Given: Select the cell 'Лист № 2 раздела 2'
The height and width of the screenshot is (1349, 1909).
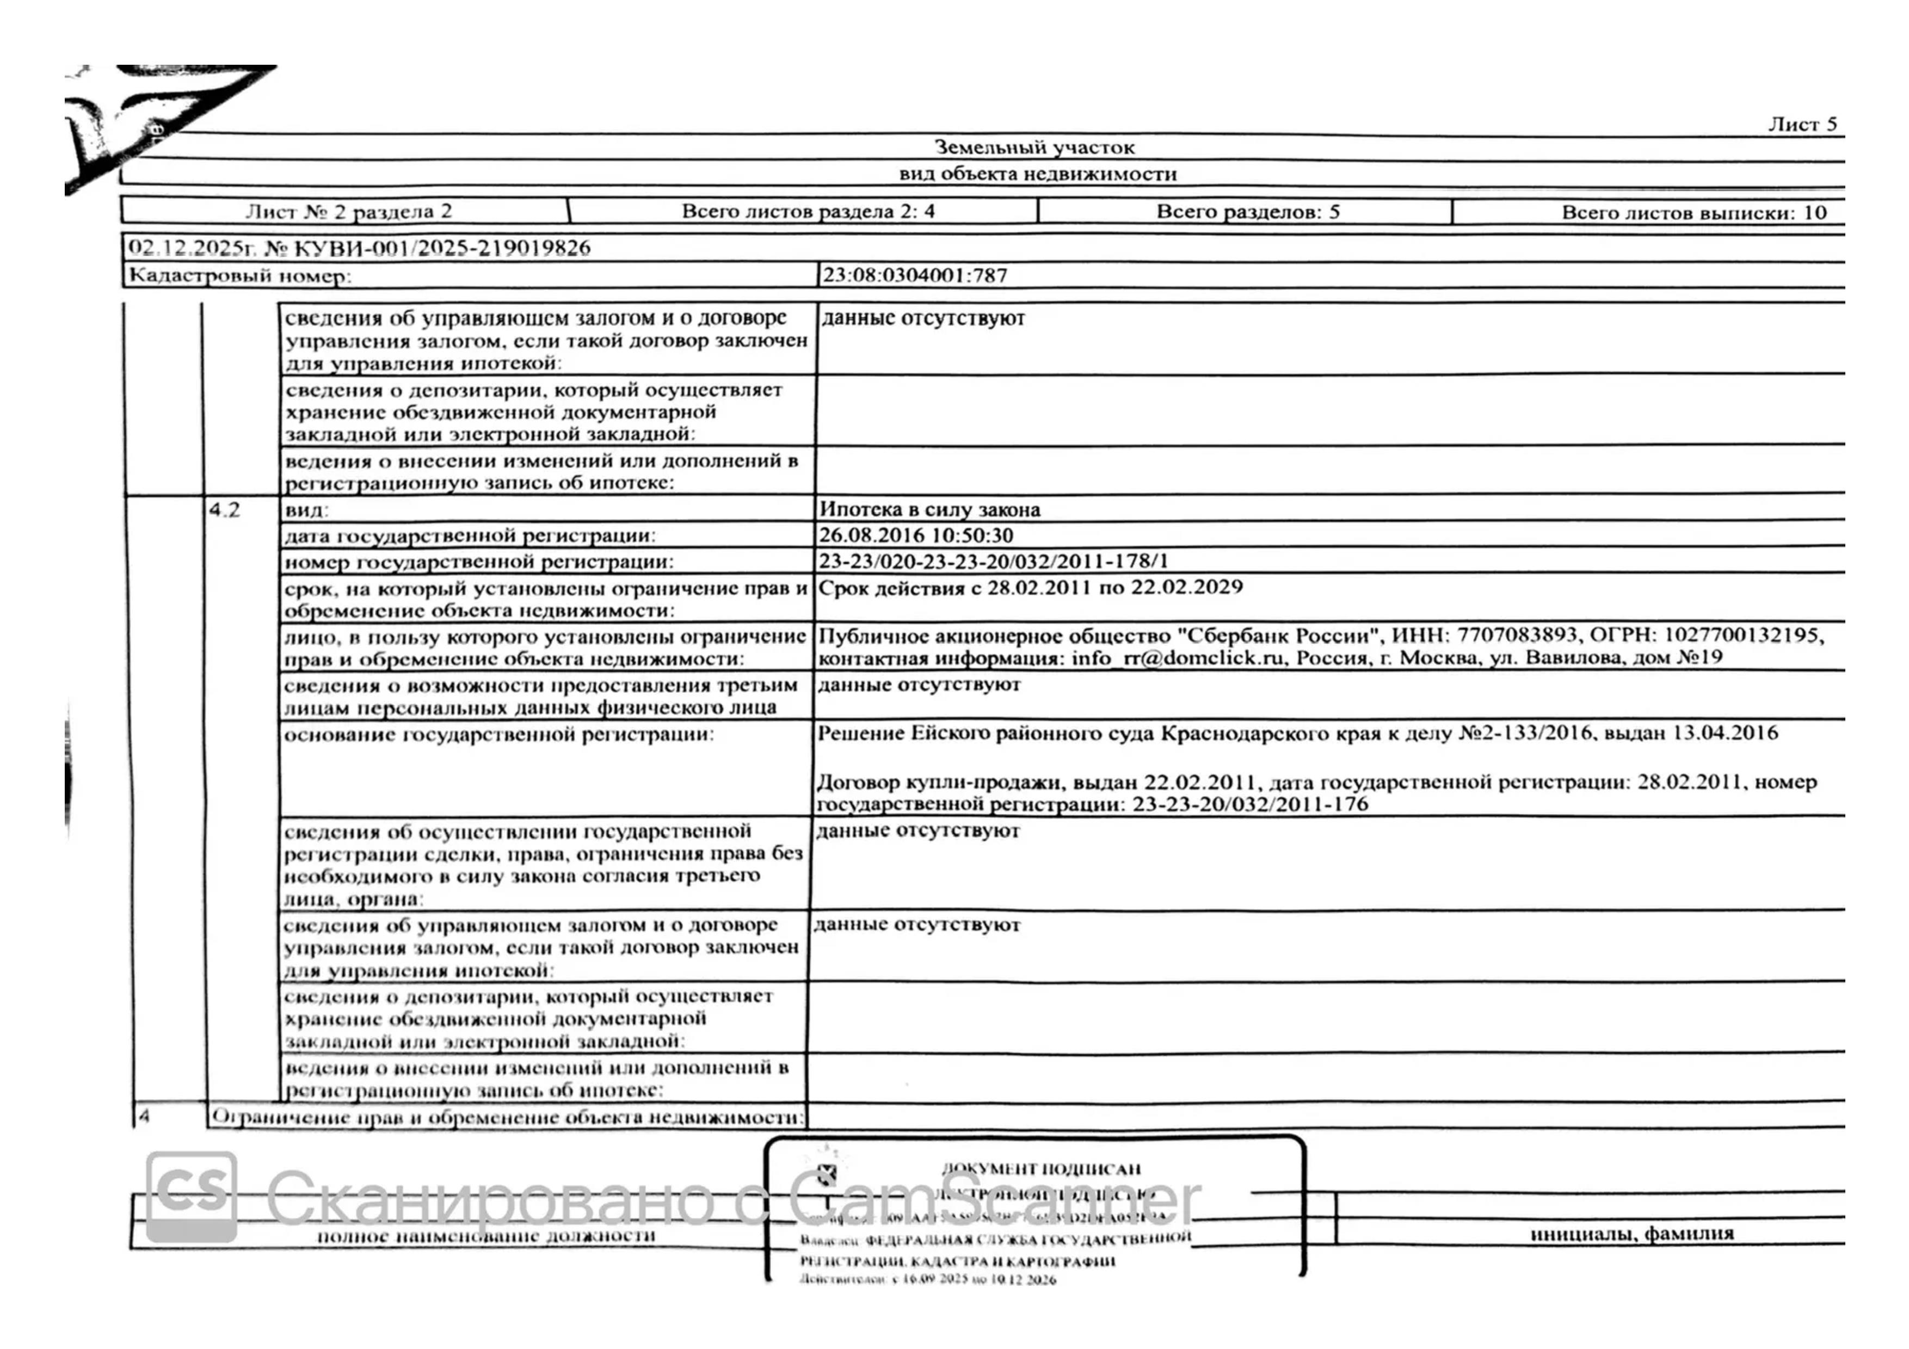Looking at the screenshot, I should point(348,211).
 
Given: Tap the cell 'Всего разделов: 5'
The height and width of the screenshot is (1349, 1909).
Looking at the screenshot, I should point(1247,212).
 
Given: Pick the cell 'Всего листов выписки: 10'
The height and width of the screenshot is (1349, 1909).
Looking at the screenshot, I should point(1693,213).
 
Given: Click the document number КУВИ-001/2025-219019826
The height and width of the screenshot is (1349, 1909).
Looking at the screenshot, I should point(441,248).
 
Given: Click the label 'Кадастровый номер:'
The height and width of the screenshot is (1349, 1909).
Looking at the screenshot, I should point(239,276).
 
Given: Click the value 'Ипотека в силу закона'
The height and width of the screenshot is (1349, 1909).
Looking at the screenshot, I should point(929,509).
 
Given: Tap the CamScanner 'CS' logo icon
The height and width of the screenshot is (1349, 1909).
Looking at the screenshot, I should point(191,1196).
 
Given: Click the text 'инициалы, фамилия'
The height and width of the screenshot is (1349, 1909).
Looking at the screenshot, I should point(1631,1234).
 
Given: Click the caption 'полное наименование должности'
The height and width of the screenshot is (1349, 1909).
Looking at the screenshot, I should point(487,1236).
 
